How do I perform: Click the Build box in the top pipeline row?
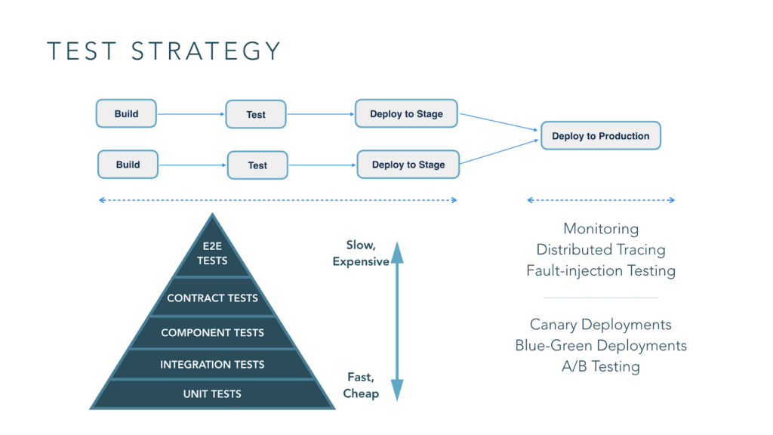click(127, 114)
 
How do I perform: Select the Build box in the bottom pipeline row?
click(128, 165)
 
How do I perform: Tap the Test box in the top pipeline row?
click(256, 115)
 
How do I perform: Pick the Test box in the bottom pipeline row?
click(257, 165)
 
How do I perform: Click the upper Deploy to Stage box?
click(406, 114)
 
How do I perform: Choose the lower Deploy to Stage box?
click(408, 165)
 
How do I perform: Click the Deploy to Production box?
click(601, 136)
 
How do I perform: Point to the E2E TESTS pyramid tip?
click(212, 254)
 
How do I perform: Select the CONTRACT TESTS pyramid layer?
click(212, 298)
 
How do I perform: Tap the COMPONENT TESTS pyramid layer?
click(212, 332)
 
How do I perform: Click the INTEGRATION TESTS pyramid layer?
click(212, 365)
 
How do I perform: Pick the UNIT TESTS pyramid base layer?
click(212, 394)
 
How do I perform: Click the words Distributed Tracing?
click(601, 249)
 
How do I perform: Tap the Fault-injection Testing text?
click(601, 270)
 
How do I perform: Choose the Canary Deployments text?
click(601, 325)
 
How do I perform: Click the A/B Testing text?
click(601, 367)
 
